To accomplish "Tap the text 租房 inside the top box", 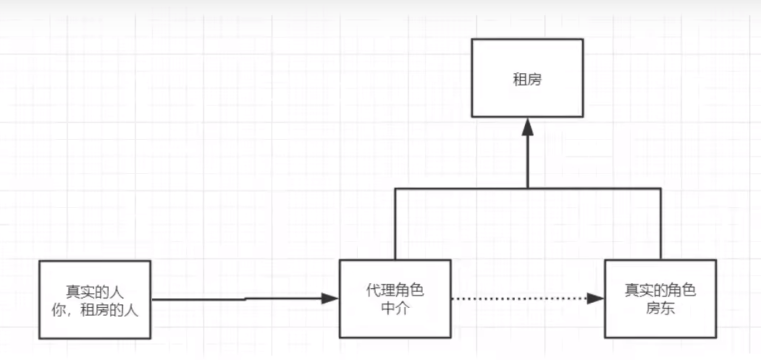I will (x=527, y=79).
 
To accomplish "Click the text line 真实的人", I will (x=95, y=292).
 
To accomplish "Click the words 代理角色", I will (x=395, y=291).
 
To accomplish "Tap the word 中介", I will (x=395, y=307).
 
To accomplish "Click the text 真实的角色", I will (x=660, y=291).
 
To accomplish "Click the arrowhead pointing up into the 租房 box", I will (x=527, y=127).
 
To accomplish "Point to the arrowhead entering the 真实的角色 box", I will (x=596, y=298).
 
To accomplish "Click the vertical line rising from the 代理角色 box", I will (x=395, y=225).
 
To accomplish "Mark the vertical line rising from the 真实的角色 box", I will (x=660, y=225).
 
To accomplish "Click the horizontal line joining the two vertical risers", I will (x=463, y=188).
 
